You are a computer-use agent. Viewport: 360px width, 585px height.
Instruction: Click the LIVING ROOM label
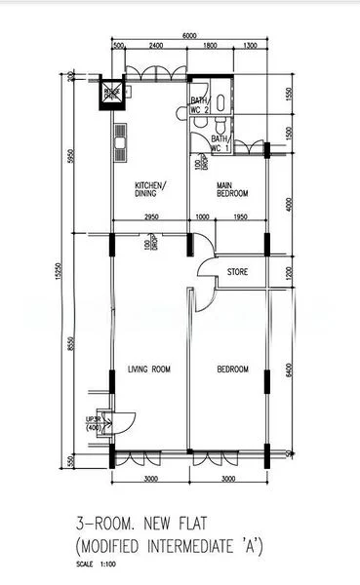click(149, 370)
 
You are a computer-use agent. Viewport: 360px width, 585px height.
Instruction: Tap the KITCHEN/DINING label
click(150, 190)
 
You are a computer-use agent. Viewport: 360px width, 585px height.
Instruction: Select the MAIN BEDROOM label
click(230, 190)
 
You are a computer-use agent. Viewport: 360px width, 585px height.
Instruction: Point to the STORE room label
click(237, 271)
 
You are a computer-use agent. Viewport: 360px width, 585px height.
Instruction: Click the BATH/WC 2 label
click(199, 104)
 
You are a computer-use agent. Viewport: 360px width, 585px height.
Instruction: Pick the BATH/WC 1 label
click(220, 144)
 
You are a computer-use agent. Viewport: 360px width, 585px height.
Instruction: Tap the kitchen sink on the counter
click(119, 145)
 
